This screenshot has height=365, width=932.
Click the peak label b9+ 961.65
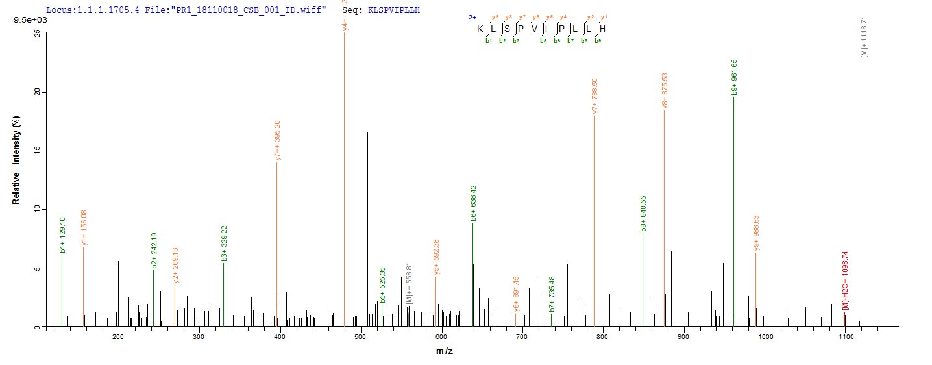coord(734,78)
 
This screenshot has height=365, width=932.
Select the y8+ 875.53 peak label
coord(665,92)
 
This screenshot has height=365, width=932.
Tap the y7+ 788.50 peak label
coord(595,97)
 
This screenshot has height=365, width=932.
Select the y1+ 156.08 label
coord(84,227)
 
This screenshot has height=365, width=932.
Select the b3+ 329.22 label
coord(224,244)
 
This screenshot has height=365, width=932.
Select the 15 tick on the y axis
coord(37,151)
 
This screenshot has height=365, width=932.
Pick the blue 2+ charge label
coord(472,18)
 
